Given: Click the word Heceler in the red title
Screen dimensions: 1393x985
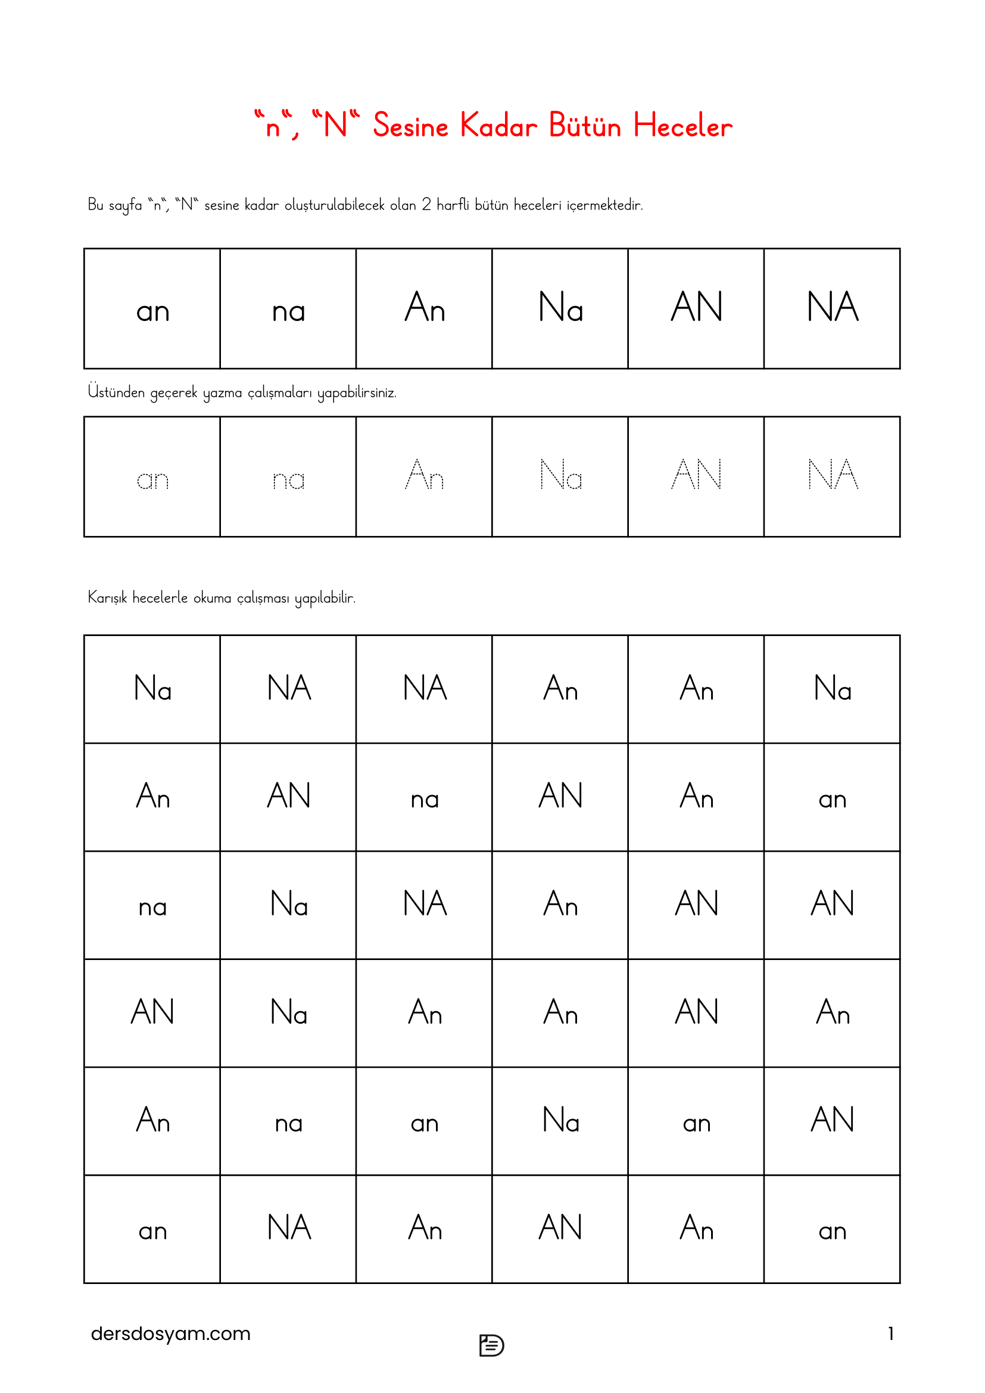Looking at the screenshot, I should [x=682, y=126].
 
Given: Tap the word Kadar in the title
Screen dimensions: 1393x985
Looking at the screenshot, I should [x=498, y=126].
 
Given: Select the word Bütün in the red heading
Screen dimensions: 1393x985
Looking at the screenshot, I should [x=585, y=126].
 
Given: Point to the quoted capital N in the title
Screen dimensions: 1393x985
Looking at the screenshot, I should [x=335, y=124].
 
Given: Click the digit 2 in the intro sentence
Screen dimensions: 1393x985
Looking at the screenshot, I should [x=426, y=204].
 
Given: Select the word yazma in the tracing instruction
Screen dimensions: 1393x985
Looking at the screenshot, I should [x=222, y=393].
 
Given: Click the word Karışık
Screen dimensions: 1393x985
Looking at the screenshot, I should [x=107, y=597].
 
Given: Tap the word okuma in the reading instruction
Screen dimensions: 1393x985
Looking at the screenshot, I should [x=212, y=597].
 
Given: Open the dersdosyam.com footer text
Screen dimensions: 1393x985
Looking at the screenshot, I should [x=170, y=1333].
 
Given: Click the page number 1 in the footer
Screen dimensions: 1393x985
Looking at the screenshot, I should [x=890, y=1333].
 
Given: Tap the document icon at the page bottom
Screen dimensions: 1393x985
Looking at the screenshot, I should [x=491, y=1345].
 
